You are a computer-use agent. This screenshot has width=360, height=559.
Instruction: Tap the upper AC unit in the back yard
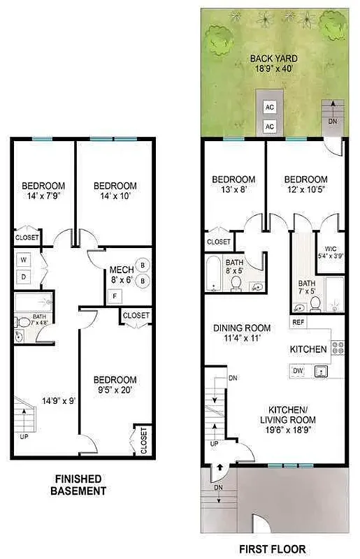coord(269,108)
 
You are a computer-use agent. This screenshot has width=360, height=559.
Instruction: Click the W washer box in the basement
coord(23,260)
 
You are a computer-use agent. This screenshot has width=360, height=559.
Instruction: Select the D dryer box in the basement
coord(23,277)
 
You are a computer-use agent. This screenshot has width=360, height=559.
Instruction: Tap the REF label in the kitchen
coord(298,322)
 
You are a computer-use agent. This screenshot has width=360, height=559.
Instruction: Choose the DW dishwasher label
coord(298,370)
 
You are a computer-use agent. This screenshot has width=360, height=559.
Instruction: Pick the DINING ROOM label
coord(241,328)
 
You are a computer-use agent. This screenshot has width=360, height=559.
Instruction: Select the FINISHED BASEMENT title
coord(78,484)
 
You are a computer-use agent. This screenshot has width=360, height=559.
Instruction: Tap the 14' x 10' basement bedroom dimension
coord(115,196)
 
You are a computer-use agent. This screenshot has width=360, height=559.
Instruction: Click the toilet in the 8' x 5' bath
coord(236,284)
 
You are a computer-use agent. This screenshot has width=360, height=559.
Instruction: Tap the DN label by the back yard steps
coord(332,123)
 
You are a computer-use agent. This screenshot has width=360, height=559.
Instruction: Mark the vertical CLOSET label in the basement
coord(143,440)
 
